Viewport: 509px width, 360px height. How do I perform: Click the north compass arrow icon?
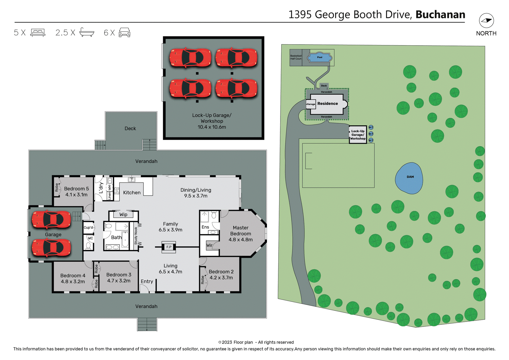486,21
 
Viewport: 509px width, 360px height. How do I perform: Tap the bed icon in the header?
38,33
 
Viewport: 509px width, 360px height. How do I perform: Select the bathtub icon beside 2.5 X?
87,32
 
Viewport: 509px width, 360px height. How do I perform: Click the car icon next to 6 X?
125,33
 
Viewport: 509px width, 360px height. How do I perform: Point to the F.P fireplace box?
169,247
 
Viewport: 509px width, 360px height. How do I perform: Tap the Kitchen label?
132,193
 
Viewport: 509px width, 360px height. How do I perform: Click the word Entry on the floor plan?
147,282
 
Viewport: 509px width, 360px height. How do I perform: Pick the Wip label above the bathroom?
123,214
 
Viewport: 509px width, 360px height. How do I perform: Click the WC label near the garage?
90,238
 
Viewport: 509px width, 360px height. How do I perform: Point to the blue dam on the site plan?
409,178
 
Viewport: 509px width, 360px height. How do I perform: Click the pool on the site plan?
319,57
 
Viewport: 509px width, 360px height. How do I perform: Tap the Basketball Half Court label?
296,57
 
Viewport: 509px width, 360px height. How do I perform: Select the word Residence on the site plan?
328,104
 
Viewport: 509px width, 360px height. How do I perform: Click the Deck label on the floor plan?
130,129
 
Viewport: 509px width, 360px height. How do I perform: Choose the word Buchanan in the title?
440,15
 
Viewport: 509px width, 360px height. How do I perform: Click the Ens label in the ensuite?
205,227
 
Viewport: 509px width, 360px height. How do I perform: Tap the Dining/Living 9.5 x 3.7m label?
196,193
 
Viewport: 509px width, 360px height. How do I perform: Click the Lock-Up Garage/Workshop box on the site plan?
358,135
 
